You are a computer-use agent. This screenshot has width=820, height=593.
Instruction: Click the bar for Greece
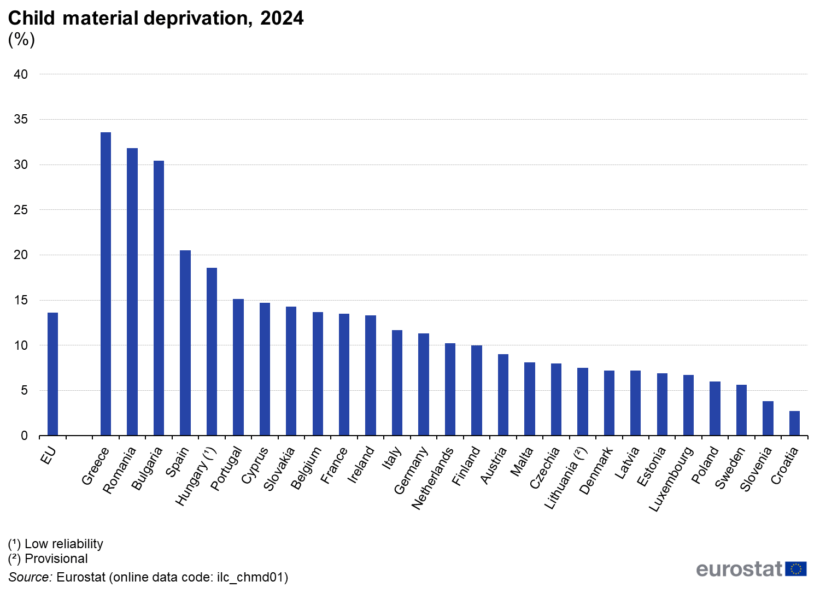106,284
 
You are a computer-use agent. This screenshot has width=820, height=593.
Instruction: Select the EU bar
52,374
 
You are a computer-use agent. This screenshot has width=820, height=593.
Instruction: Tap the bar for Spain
185,343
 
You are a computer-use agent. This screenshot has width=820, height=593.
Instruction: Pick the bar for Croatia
794,423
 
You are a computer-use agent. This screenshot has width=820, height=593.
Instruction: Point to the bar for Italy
397,383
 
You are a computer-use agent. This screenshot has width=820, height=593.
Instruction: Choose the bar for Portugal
238,367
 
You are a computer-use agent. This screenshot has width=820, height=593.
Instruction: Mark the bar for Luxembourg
688,405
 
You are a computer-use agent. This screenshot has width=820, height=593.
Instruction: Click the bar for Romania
132,292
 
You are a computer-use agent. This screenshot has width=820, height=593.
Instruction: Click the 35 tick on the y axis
21,119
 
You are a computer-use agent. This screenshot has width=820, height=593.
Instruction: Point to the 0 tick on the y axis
24,436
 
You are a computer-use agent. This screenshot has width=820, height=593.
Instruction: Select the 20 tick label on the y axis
21,255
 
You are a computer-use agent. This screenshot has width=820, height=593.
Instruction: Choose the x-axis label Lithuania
566,478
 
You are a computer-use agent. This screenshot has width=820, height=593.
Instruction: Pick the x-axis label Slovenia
756,469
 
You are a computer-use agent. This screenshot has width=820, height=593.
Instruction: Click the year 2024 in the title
282,18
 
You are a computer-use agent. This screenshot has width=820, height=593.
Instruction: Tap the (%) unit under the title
21,39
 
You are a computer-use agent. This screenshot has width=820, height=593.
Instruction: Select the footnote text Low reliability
64,544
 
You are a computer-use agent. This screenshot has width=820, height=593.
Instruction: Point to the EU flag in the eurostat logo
796,569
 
